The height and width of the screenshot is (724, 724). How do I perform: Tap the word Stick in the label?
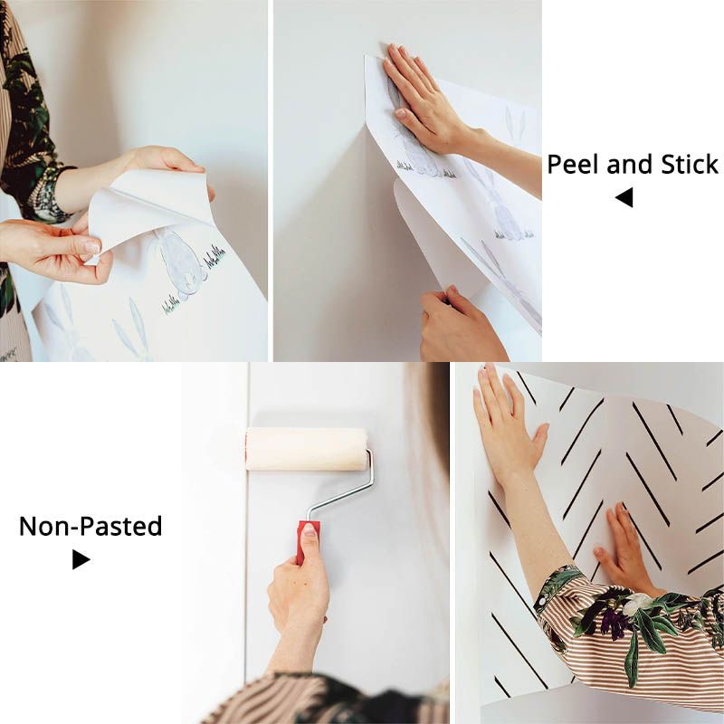tap(689, 165)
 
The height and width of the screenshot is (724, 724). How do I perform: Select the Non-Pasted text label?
tap(90, 526)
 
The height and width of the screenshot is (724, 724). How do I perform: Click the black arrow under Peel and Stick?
tap(624, 197)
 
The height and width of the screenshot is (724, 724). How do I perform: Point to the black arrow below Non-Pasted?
tap(81, 560)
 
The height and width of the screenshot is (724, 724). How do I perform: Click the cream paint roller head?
tap(306, 449)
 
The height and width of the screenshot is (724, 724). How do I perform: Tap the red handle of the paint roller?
tap(310, 540)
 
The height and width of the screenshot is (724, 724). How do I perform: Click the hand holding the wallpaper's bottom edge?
tap(457, 321)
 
